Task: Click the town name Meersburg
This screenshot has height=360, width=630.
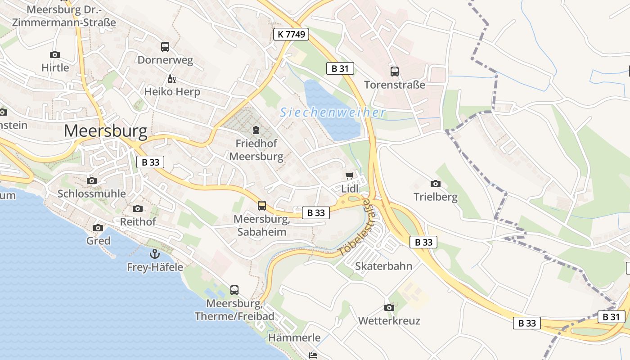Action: (105, 131)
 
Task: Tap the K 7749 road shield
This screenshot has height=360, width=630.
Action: (291, 34)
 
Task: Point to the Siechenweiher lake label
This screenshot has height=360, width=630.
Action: (333, 112)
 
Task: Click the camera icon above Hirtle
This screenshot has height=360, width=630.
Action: (55, 54)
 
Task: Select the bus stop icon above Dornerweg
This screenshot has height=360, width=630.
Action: (165, 46)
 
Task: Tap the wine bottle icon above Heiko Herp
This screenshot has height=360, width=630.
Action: (171, 79)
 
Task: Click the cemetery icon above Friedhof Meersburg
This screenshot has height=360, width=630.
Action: (256, 130)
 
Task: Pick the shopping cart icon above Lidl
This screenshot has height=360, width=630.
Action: (350, 175)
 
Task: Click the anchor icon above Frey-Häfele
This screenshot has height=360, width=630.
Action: (155, 254)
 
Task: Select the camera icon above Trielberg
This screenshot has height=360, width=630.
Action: (435, 184)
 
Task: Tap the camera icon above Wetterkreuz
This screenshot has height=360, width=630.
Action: (389, 307)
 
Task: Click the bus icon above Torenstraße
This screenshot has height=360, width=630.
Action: (395, 71)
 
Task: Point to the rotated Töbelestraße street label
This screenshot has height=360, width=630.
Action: (355, 228)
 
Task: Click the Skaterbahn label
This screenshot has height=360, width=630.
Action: (383, 266)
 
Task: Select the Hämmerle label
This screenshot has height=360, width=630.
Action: (294, 337)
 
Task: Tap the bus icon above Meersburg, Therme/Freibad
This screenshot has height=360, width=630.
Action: (234, 290)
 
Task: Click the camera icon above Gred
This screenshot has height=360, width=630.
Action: (98, 228)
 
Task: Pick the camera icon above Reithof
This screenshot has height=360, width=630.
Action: (138, 208)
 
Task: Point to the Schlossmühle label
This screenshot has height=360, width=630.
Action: (91, 193)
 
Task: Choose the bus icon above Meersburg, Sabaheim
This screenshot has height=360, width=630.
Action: (262, 206)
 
